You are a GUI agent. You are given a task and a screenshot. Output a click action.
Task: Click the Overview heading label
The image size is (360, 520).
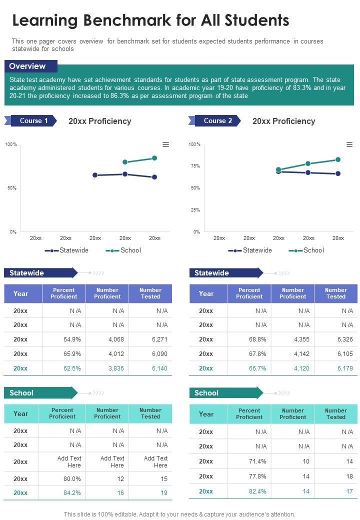27,66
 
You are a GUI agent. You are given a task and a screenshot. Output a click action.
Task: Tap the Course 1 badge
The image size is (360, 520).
33,120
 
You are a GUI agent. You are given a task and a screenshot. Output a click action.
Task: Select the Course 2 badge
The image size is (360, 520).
217,120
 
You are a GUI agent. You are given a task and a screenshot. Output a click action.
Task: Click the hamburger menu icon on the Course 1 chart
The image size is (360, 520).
165,144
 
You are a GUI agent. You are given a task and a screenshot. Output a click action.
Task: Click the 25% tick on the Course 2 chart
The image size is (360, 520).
195,210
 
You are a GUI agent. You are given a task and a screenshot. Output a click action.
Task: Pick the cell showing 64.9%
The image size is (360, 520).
72,339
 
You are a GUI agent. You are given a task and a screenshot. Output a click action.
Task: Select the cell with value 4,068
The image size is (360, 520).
115,339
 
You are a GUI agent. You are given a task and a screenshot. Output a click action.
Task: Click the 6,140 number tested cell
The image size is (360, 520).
159,368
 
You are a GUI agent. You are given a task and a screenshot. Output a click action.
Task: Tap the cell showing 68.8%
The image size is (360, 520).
257,339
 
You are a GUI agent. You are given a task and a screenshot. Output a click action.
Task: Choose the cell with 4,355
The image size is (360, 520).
301,339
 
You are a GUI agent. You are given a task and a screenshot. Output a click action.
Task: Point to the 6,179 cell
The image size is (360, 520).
345,368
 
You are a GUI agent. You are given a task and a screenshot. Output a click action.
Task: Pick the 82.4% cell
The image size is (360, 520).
257,491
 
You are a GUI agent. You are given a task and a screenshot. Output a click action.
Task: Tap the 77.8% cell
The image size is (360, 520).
257,476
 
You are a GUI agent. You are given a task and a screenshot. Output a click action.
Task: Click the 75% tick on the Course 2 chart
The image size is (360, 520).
195,165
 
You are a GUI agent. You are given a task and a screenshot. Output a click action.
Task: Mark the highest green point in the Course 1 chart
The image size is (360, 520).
154,158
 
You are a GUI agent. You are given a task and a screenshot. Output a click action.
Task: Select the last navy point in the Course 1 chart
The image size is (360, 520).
154,177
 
